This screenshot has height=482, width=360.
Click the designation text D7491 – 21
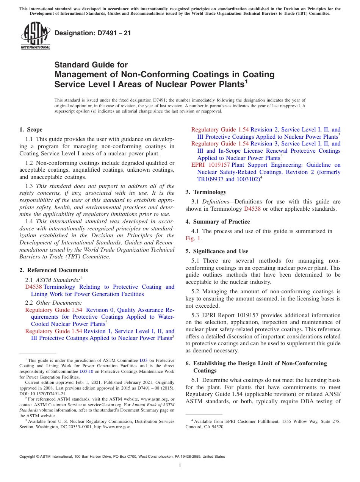tap(92, 33)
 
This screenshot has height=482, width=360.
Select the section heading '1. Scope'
tap(31, 130)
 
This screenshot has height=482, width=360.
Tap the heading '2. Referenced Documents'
tap(54, 270)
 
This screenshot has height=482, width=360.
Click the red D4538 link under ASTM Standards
tap(33, 287)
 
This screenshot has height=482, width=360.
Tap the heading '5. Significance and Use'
tap(217, 251)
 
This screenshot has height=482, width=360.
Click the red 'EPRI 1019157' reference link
tap(210, 165)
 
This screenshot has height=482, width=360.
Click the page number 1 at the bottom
tap(180, 465)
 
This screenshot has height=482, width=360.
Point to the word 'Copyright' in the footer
tap(29, 457)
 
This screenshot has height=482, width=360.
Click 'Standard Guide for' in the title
tap(91, 65)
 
